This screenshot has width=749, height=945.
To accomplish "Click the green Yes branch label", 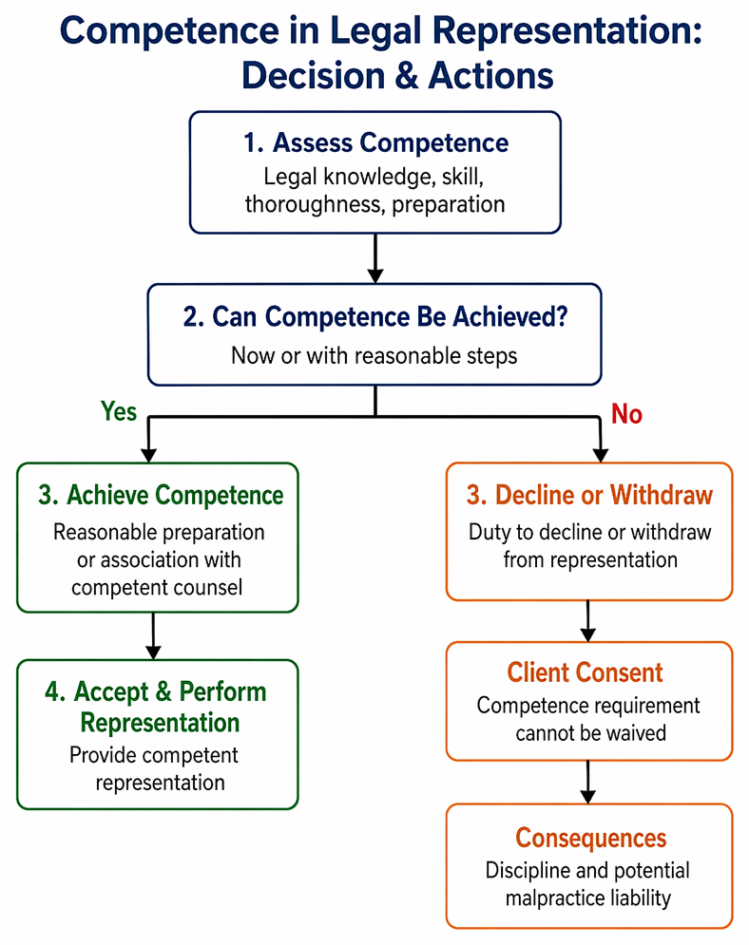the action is click(x=119, y=411).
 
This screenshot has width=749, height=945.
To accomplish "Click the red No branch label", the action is click(x=626, y=414).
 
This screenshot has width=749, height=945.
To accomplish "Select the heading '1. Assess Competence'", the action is click(x=375, y=143).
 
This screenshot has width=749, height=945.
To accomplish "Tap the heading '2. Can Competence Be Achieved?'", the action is click(x=375, y=317).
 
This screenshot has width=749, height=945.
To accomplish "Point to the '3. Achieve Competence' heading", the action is click(x=161, y=495).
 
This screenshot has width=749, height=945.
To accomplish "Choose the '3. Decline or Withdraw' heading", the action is click(x=589, y=495).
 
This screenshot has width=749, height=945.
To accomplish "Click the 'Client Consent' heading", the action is click(x=585, y=672).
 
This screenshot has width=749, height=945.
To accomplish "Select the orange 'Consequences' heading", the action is click(x=591, y=838).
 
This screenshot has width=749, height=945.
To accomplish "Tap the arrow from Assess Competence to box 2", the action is click(x=375, y=258).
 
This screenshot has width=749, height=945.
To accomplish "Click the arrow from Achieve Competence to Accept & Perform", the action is click(x=153, y=635).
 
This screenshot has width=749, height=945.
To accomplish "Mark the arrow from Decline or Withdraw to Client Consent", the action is click(x=588, y=621).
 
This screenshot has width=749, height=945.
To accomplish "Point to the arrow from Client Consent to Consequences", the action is click(x=588, y=782).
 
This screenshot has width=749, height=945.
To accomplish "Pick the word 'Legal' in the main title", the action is click(x=376, y=31).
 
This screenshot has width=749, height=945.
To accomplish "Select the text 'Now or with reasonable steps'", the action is click(x=374, y=355).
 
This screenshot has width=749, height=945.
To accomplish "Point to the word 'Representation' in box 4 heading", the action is click(x=160, y=723).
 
